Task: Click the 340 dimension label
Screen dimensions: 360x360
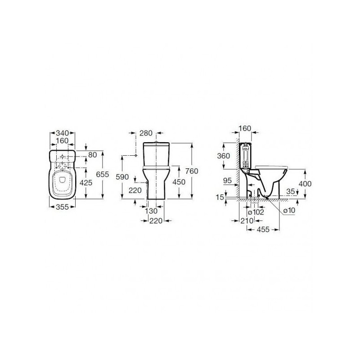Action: click(x=63, y=133)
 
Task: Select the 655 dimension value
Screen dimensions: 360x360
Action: click(x=103, y=174)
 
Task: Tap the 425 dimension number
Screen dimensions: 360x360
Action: click(x=86, y=183)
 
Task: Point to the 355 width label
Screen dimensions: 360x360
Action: click(x=63, y=207)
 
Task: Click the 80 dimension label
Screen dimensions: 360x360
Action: click(x=93, y=155)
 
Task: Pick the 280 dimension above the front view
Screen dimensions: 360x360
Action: click(x=146, y=133)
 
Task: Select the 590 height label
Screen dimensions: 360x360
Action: click(x=122, y=177)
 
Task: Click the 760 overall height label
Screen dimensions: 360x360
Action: click(x=192, y=171)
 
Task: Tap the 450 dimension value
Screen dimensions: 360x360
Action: click(x=179, y=182)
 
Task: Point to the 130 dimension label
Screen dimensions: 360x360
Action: click(x=151, y=211)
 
